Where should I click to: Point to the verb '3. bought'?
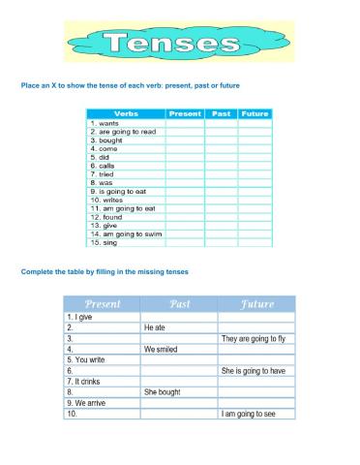click(x=105, y=139)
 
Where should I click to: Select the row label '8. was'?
click(x=101, y=182)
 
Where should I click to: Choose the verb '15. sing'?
click(x=104, y=242)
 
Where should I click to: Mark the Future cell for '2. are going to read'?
click(x=255, y=132)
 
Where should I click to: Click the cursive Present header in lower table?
click(x=102, y=304)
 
